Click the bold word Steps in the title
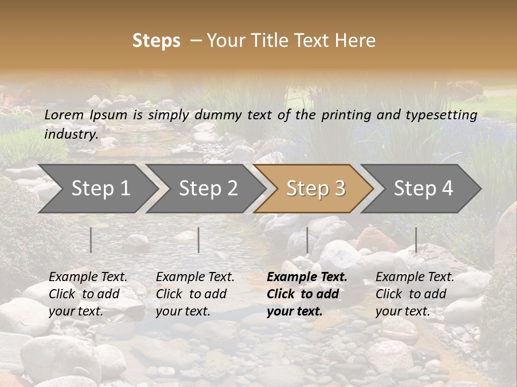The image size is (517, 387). pos(156,41)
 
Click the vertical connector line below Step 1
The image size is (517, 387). pos(91,240)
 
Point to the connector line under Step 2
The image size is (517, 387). pos(199,240)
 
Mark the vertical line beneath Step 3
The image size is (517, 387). pos(307,240)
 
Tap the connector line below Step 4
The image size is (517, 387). pos(416,240)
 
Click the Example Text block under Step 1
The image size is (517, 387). pos(88,294)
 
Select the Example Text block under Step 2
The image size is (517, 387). pos(195,294)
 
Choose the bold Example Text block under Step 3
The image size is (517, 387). pos(307,294)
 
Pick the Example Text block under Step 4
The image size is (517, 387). pos(415,294)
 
